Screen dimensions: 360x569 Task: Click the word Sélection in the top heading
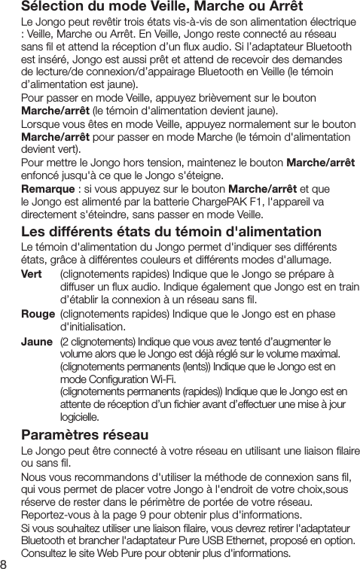click(x=51, y=7)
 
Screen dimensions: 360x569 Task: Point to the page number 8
click(x=5, y=561)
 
